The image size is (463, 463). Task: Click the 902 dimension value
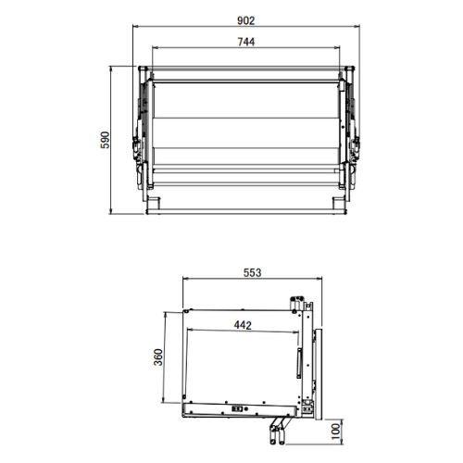(244, 19)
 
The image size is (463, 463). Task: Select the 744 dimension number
(245, 41)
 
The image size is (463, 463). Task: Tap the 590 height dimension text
(106, 140)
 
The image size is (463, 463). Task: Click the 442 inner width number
(243, 324)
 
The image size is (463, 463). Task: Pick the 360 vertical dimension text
(158, 357)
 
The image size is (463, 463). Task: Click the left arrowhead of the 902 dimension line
(135, 27)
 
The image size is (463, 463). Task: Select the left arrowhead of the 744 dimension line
(154, 48)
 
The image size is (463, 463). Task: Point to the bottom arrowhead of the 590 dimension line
(113, 213)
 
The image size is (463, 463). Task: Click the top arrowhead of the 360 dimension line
(167, 312)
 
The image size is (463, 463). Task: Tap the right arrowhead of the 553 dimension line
(325, 280)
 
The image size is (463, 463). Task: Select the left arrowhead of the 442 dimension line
(188, 332)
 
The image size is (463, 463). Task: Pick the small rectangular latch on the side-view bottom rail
(238, 407)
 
